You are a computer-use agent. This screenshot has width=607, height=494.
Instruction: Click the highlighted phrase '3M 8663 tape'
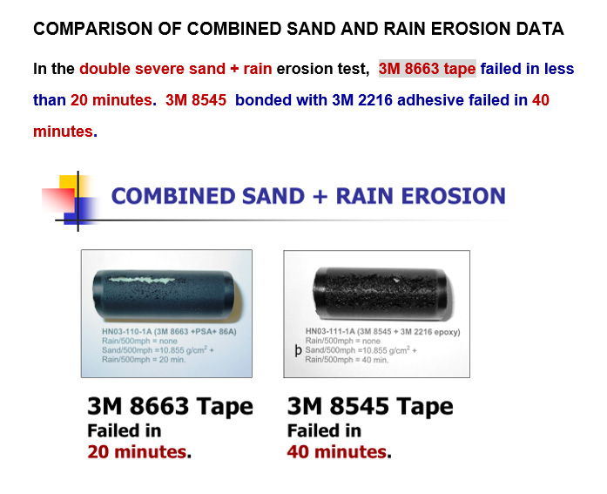(x=427, y=69)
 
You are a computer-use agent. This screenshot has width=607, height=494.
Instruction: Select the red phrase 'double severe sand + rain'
(x=176, y=69)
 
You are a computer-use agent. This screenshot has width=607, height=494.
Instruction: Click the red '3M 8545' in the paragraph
(x=196, y=100)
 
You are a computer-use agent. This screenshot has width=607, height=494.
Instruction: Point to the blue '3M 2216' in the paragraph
(x=362, y=100)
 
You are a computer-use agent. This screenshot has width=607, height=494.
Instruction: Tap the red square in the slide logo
(x=58, y=200)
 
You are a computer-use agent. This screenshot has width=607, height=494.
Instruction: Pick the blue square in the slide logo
(x=81, y=211)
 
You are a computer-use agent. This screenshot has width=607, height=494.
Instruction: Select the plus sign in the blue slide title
(x=320, y=196)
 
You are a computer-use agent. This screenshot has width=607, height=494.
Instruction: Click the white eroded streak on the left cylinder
(x=144, y=280)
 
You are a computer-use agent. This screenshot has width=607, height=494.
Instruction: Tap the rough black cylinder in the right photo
(x=381, y=293)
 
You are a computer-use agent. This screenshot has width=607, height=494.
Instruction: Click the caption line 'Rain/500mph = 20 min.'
(x=144, y=360)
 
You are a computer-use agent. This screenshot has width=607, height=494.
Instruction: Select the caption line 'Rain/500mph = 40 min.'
(x=347, y=360)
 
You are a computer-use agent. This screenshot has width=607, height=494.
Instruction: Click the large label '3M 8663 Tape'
(x=171, y=406)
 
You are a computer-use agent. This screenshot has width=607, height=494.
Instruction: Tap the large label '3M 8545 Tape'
(x=370, y=406)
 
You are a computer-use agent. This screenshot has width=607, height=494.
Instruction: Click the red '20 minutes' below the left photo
(x=137, y=452)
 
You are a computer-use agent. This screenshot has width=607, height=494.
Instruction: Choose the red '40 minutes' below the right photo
(x=337, y=452)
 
